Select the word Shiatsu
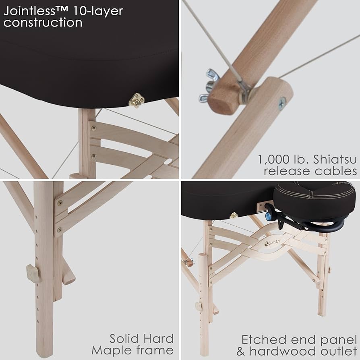pyautogui.click(x=335, y=159)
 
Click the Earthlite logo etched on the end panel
pyautogui.click(x=272, y=243)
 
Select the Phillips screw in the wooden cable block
pyautogui.click(x=282, y=103)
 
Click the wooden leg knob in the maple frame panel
pyautogui.click(x=33, y=273)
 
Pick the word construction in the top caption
pyautogui.click(x=43, y=23)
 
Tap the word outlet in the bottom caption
pyautogui.click(x=338, y=351)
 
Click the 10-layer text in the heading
pyautogui.click(x=98, y=11)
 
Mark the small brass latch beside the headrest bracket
pyautogui.click(x=234, y=215)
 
